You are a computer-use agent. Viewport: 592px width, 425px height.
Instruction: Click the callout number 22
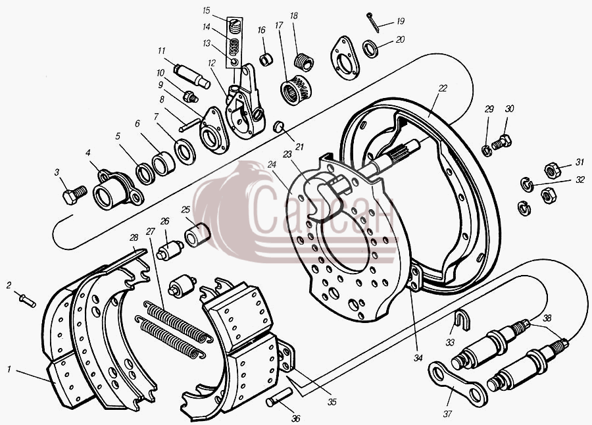click(x=443, y=88)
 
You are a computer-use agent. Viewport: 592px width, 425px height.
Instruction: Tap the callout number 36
click(x=296, y=418)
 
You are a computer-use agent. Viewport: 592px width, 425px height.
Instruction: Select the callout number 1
click(x=9, y=369)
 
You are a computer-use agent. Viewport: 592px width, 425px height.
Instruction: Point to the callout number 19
click(x=400, y=21)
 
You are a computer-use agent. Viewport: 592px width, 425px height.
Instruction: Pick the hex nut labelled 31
click(x=552, y=170)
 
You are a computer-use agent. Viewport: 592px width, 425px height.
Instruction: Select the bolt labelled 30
click(x=501, y=142)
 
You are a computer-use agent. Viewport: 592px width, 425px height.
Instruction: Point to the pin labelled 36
click(x=279, y=397)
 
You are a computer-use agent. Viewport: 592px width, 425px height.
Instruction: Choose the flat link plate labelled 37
click(x=457, y=384)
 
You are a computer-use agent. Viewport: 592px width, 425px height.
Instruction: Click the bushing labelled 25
click(x=197, y=235)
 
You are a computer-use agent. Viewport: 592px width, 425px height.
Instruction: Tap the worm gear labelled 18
click(x=303, y=63)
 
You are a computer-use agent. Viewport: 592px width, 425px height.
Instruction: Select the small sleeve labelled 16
click(x=266, y=60)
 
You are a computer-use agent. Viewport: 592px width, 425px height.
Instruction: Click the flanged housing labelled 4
click(x=118, y=190)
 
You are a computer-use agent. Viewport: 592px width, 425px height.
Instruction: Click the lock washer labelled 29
click(x=487, y=151)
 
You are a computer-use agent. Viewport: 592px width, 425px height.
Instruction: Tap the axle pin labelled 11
click(x=191, y=76)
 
